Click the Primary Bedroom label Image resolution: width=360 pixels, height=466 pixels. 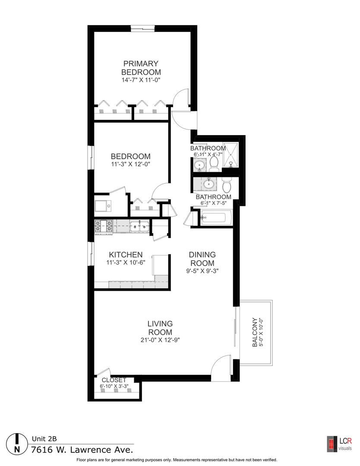[141, 68]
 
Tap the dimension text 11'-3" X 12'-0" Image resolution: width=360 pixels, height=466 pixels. [130, 164]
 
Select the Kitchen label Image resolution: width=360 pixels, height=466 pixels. [126, 255]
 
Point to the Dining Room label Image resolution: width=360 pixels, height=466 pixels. [202, 259]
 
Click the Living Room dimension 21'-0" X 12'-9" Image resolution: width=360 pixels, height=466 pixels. [160, 340]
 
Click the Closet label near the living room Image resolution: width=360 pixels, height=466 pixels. [114, 380]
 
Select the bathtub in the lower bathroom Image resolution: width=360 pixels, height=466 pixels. [216, 217]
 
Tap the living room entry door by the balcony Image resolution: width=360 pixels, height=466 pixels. [222, 367]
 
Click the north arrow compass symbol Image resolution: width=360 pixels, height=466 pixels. [17, 443]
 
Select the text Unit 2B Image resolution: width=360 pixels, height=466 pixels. [44, 439]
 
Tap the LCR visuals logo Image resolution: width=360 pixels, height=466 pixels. [339, 444]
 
